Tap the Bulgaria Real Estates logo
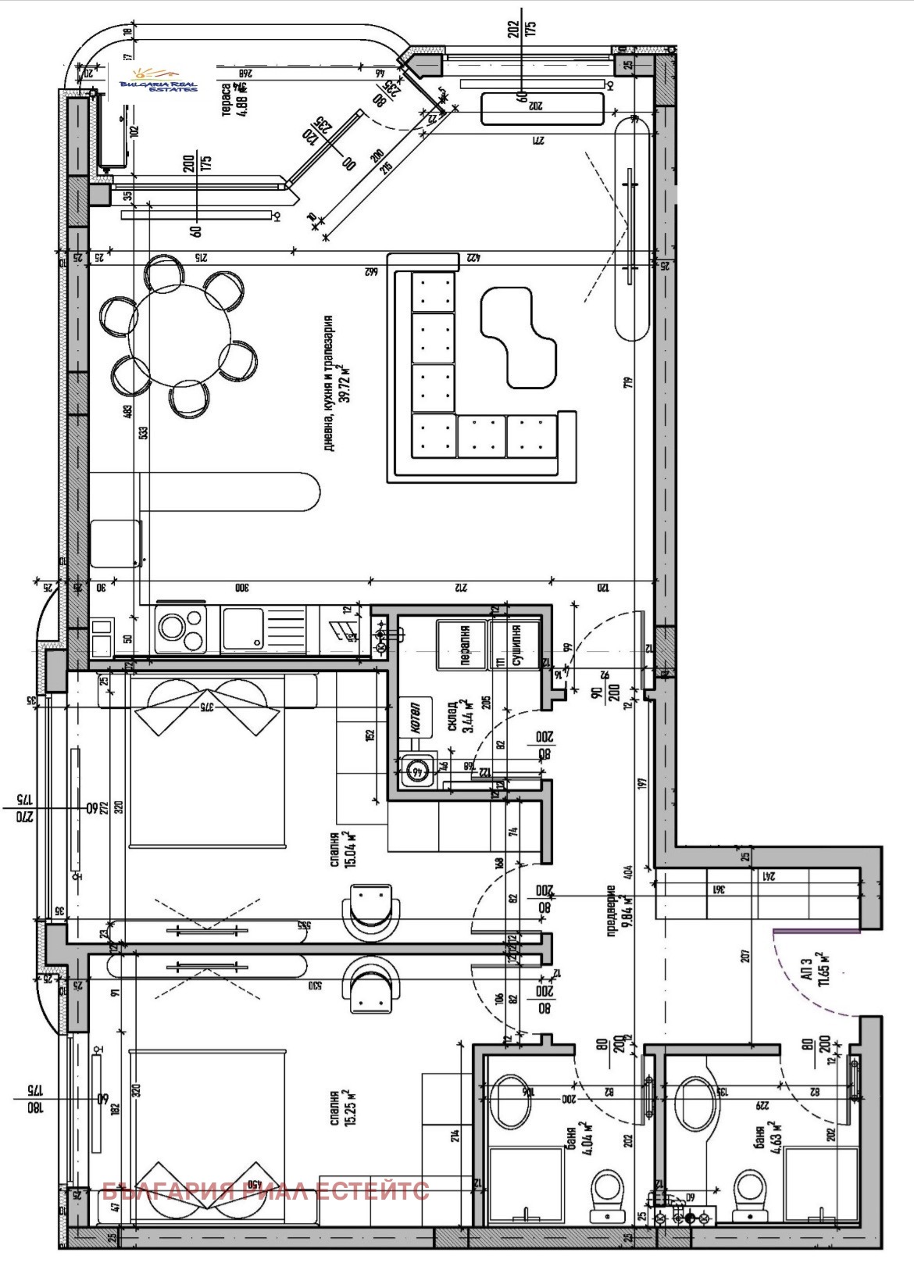tap(159, 81)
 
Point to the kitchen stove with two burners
tap(181, 630)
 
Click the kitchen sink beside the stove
tap(242, 630)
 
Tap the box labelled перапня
tap(462, 645)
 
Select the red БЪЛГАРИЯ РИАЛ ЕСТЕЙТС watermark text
tap(266, 1192)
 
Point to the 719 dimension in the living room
tap(628, 383)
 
